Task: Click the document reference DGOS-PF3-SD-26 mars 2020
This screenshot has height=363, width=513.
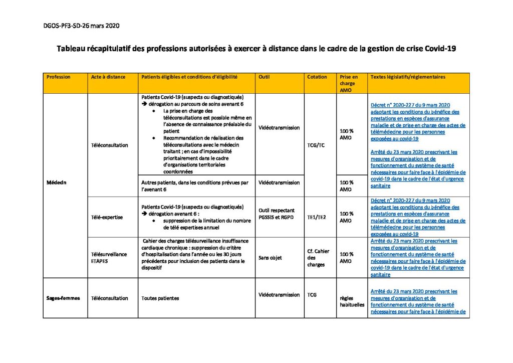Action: coord(81,25)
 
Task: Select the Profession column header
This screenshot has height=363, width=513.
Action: coord(58,77)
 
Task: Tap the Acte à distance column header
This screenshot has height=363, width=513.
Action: coord(108,77)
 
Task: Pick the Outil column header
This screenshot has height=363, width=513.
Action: coord(264,77)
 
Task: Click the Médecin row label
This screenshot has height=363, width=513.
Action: coord(56,182)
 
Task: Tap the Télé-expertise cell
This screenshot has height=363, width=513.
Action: coord(107,217)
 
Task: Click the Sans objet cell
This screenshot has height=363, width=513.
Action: coord(270,258)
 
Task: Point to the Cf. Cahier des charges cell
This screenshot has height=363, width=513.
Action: coord(318,258)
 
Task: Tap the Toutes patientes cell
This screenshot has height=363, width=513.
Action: coord(160,298)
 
